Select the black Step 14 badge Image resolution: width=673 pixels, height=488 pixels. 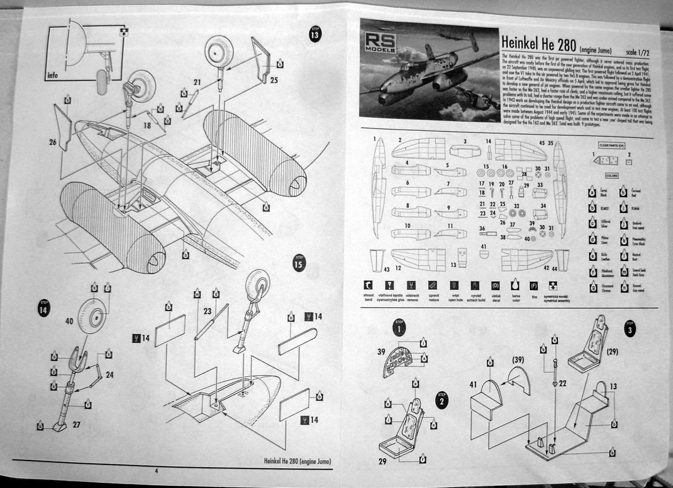[x=44, y=308]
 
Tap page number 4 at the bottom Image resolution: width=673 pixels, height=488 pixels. [x=156, y=471]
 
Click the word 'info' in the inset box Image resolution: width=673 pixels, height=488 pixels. [x=53, y=75]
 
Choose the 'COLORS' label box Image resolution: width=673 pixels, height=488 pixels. [x=611, y=176]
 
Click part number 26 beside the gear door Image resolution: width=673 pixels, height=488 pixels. [x=52, y=143]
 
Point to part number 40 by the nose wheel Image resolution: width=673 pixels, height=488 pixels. [x=69, y=322]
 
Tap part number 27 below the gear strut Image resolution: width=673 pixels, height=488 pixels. [x=77, y=426]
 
